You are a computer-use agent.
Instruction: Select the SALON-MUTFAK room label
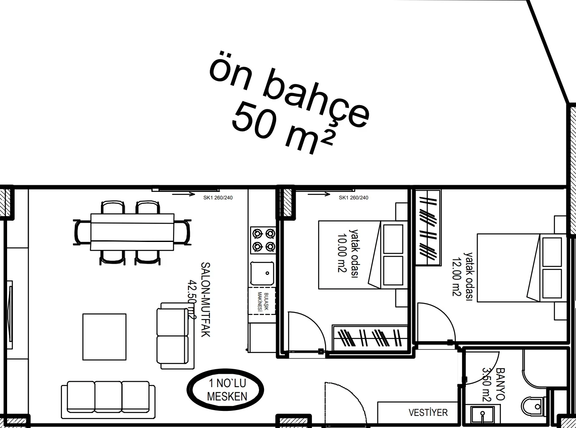click(x=205, y=300)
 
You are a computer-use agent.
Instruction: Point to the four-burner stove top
click(x=263, y=240)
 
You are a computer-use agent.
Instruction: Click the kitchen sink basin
click(x=262, y=273)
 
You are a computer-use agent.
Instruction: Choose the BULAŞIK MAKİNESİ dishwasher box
click(x=262, y=302)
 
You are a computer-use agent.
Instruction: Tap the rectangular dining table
click(x=132, y=232)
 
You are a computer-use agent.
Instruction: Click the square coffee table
click(x=104, y=337)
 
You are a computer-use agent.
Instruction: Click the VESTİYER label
click(x=428, y=413)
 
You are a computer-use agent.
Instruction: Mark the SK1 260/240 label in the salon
click(x=218, y=198)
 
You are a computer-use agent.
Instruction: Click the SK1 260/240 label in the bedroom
click(x=353, y=198)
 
